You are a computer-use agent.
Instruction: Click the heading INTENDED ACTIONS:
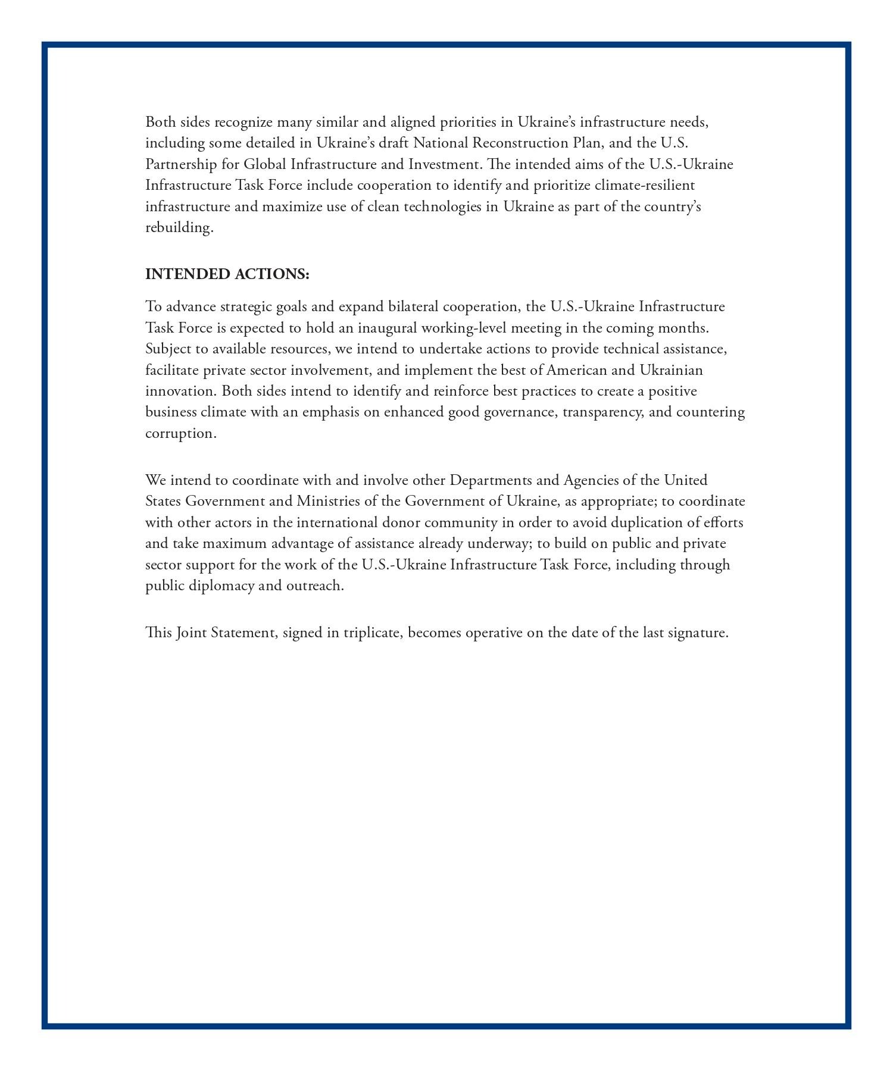(x=227, y=274)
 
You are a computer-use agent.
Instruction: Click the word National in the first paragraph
(x=441, y=143)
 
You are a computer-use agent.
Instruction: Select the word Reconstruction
(x=520, y=143)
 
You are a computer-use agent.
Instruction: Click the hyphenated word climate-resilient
(x=644, y=185)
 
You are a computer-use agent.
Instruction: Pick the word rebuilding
(x=179, y=228)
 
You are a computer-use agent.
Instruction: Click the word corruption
(x=180, y=433)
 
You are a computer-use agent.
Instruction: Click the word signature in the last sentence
(x=697, y=632)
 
